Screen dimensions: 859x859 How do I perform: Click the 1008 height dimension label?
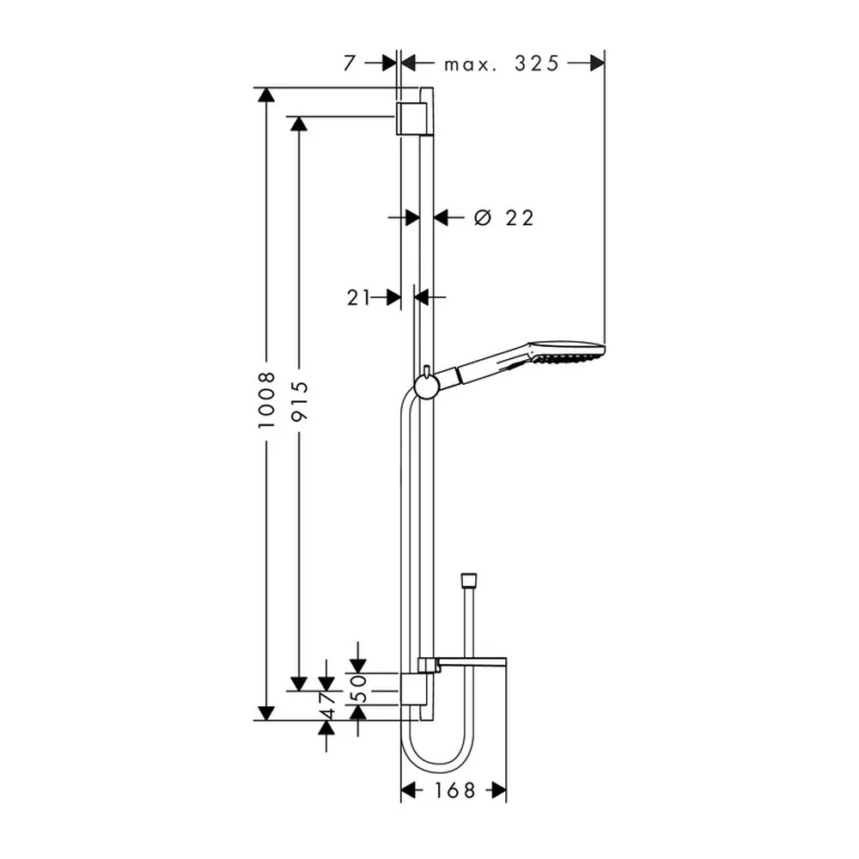coord(266,400)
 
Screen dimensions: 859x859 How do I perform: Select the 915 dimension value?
coord(299,401)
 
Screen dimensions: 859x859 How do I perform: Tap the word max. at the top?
coord(471,65)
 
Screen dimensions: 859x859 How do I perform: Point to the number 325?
coord(536,64)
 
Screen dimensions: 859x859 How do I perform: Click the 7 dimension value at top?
coord(349,64)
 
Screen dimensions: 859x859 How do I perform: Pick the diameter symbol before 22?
coord(482,217)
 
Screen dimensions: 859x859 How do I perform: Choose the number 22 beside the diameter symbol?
coord(520,218)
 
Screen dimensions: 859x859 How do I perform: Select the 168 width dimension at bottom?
coord(454,790)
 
